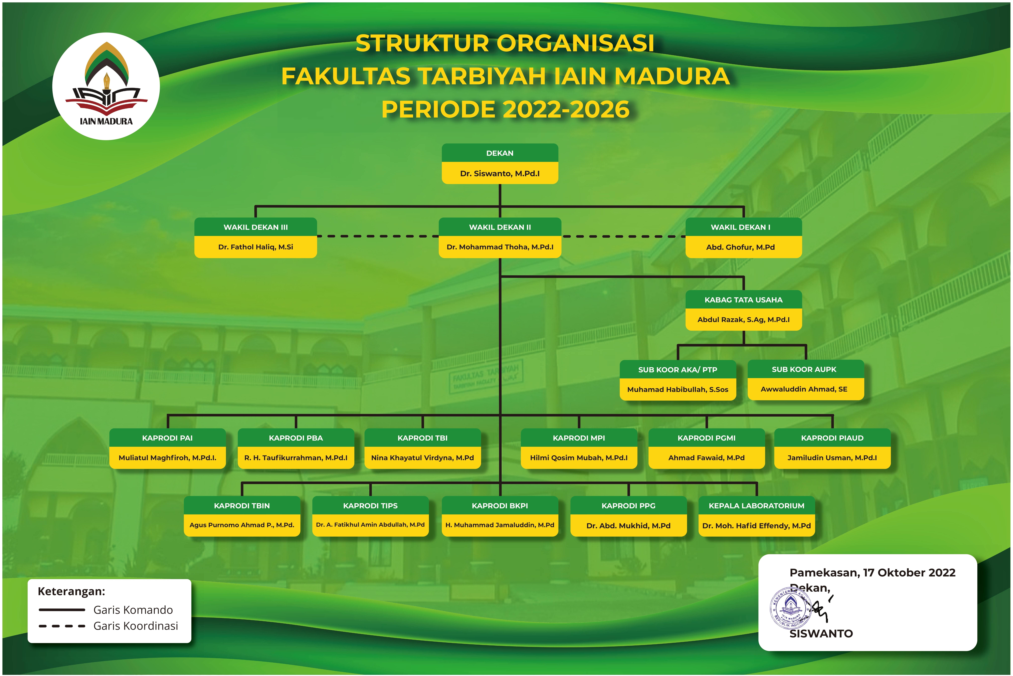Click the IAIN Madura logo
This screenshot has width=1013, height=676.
[x=106, y=86]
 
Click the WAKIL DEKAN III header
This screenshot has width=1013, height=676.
[x=256, y=227]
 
